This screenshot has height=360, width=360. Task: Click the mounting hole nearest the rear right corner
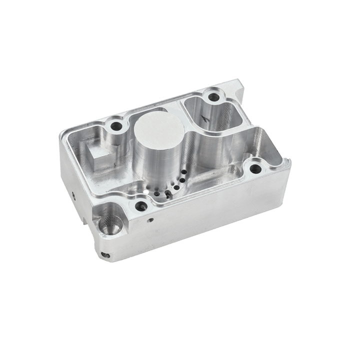click(213, 96)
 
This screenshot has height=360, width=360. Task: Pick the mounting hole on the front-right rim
click(255, 168)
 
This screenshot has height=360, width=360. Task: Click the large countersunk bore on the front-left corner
click(109, 223)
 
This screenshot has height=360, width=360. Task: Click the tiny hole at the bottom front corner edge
click(105, 255)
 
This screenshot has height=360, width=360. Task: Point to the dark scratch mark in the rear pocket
click(202, 117)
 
